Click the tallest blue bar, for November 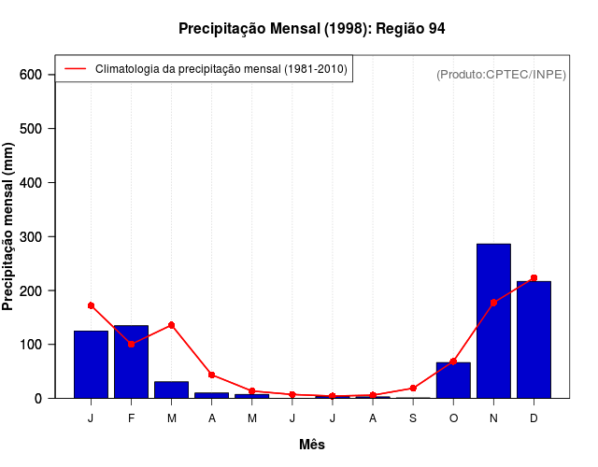(493, 320)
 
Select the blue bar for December (534, 339)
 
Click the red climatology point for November (493, 303)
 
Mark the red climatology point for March (172, 325)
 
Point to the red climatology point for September (413, 388)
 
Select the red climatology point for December (534, 278)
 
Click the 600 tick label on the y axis (31, 75)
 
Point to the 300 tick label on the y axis (31, 237)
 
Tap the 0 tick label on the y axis (38, 399)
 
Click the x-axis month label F (131, 418)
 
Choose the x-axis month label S (413, 418)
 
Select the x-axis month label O (453, 418)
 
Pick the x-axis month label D (534, 418)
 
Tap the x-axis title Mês (312, 445)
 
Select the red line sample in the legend (76, 68)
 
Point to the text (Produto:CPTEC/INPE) (501, 74)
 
